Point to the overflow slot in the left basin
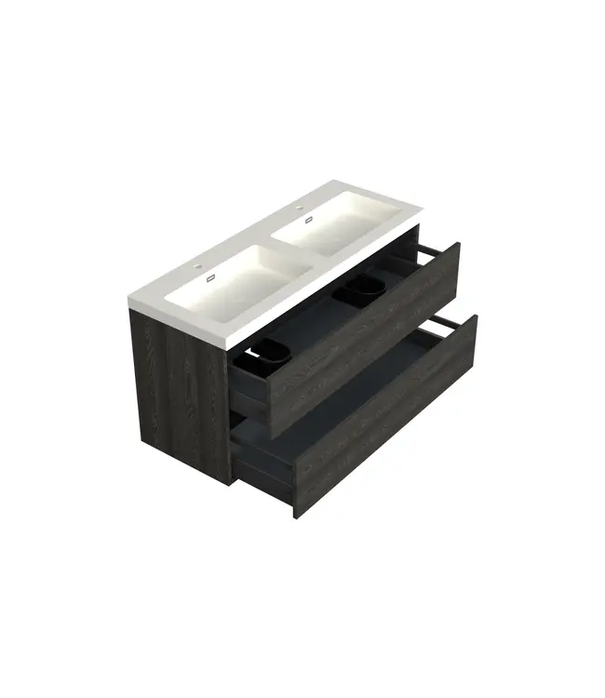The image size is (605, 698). click(211, 277)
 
